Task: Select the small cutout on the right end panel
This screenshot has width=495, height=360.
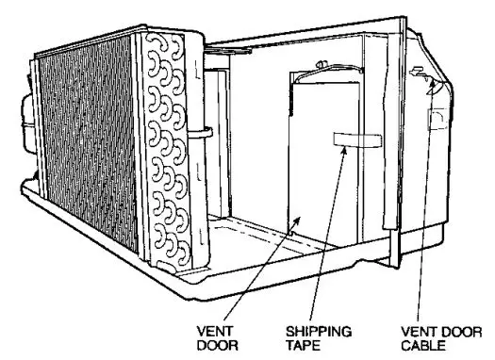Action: point(437,117)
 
